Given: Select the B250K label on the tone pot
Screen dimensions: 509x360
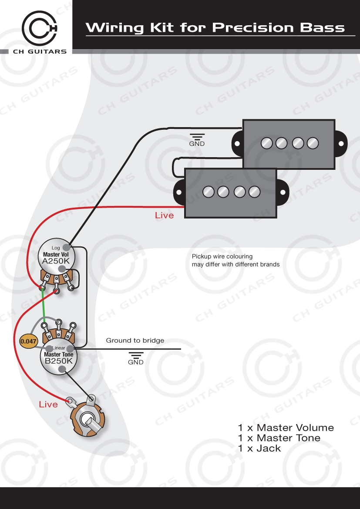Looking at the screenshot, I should pos(58,361).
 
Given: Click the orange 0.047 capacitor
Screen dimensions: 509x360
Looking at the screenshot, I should pos(28,341).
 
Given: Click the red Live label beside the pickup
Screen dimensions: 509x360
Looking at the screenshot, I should pos(164,216).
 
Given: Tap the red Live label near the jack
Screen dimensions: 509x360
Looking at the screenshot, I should pos(48,405).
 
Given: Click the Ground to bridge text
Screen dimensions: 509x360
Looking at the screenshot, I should pos(135,340).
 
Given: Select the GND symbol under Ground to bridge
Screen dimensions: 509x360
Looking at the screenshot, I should pos(135,357).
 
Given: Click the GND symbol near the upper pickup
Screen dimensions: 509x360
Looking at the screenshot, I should pos(197,139).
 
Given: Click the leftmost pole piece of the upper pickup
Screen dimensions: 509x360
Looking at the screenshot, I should pos(267,143).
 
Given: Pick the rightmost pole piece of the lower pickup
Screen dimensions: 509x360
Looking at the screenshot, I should pos(255,192).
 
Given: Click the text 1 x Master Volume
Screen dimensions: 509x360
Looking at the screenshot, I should pos(286,428).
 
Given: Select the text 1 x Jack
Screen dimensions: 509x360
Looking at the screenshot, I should pos(259,448).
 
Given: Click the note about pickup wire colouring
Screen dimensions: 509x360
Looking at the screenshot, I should pos(236,260).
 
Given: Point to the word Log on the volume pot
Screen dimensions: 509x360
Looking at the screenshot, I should pos(56,248).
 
